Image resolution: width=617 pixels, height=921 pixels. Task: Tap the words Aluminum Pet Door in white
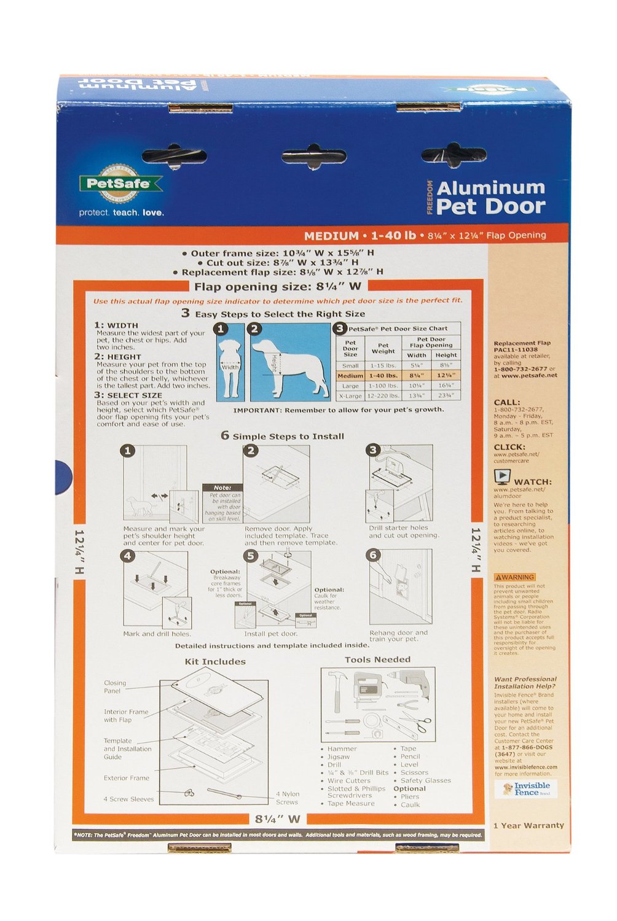[x=490, y=197]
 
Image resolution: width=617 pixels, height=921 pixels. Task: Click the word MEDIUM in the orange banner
[x=331, y=236]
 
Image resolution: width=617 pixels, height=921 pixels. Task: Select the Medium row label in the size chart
[x=350, y=376]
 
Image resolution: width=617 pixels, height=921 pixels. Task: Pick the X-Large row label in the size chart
[x=350, y=396]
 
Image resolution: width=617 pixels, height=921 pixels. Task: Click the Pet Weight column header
[x=383, y=348]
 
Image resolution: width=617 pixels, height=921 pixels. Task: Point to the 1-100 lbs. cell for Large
[x=383, y=386]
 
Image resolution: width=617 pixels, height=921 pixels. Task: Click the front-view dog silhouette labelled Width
[x=231, y=365]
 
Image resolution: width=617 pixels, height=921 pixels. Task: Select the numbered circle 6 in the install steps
[x=373, y=555]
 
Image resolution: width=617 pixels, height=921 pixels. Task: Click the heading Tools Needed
[x=377, y=659]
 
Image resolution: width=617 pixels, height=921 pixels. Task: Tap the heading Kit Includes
[x=215, y=661]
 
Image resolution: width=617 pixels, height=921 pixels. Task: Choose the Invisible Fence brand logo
[x=527, y=789]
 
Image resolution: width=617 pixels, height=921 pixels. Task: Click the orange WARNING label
[x=515, y=577]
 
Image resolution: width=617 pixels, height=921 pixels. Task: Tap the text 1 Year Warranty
[x=529, y=825]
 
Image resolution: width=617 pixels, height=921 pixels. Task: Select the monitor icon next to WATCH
[x=502, y=476]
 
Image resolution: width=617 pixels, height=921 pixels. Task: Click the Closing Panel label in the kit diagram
[x=114, y=686]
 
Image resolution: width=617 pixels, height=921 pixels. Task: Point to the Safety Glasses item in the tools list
[x=425, y=780]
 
